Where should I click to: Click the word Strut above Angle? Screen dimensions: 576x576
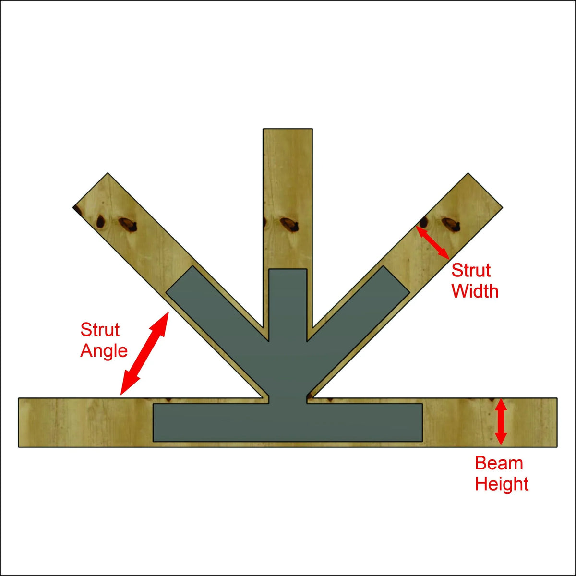tap(100, 330)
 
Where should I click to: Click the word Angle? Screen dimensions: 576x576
tap(104, 351)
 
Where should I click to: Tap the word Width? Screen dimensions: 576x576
tap(475, 291)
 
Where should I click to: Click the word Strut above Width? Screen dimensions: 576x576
tap(471, 270)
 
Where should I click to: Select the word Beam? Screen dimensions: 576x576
tap(499, 463)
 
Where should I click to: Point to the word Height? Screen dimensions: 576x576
tap(502, 484)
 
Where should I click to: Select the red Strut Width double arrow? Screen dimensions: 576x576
tap(432, 242)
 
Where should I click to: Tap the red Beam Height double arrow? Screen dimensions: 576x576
tap(501, 422)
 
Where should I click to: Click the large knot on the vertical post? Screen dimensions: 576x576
tap(289, 224)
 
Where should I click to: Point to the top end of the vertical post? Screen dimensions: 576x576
tap(288, 129)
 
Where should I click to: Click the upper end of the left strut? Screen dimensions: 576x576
tap(90, 190)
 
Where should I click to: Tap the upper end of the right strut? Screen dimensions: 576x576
tap(485, 190)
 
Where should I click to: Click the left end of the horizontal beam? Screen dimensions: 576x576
tap(19, 422)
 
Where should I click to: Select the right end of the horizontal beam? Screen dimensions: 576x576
tap(557, 422)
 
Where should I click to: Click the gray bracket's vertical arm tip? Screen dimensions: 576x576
tap(288, 270)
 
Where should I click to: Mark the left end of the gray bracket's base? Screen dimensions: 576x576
tap(154, 422)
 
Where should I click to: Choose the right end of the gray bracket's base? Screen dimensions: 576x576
tap(422, 422)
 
